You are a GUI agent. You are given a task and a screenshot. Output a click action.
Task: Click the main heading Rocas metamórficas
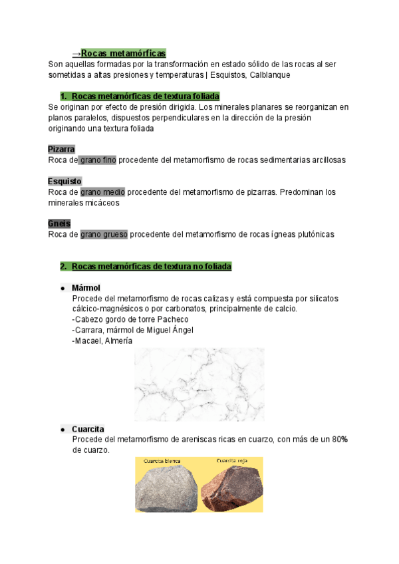[x=123, y=53]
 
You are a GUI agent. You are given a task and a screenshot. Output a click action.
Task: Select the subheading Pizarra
[x=61, y=149]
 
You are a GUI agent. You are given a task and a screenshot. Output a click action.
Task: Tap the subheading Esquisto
[x=65, y=181]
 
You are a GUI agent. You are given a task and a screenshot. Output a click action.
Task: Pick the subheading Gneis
[x=59, y=223]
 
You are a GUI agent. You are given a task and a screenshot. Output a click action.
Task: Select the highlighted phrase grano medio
[x=102, y=192]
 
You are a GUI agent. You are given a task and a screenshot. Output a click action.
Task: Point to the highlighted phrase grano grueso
[x=104, y=234]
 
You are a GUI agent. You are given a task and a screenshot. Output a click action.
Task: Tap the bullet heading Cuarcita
[x=88, y=429]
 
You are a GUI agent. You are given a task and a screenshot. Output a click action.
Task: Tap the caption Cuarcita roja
[x=231, y=460]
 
